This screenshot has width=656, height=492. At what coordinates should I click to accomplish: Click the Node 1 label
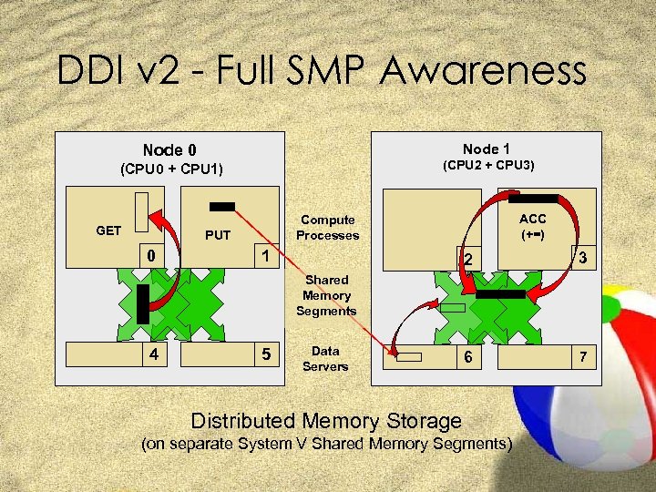pyautogui.click(x=487, y=149)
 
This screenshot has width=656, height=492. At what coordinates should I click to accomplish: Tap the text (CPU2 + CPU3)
pyautogui.click(x=488, y=166)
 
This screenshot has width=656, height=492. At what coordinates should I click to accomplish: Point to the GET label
pyautogui.click(x=108, y=231)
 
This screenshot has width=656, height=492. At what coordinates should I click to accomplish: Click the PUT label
pyautogui.click(x=218, y=236)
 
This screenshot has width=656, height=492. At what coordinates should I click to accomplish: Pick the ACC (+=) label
pyautogui.click(x=533, y=227)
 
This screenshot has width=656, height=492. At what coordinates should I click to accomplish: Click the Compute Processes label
pyautogui.click(x=327, y=228)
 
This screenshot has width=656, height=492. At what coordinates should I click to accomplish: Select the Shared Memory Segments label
pyautogui.click(x=326, y=295)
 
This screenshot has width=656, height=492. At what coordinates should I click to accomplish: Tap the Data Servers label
pyautogui.click(x=325, y=358)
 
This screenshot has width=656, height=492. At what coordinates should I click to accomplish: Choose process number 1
pyautogui.click(x=264, y=255)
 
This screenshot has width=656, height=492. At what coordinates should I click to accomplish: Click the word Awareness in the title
pyautogui.click(x=484, y=71)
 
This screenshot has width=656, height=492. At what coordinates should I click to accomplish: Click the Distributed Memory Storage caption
pyautogui.click(x=326, y=421)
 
